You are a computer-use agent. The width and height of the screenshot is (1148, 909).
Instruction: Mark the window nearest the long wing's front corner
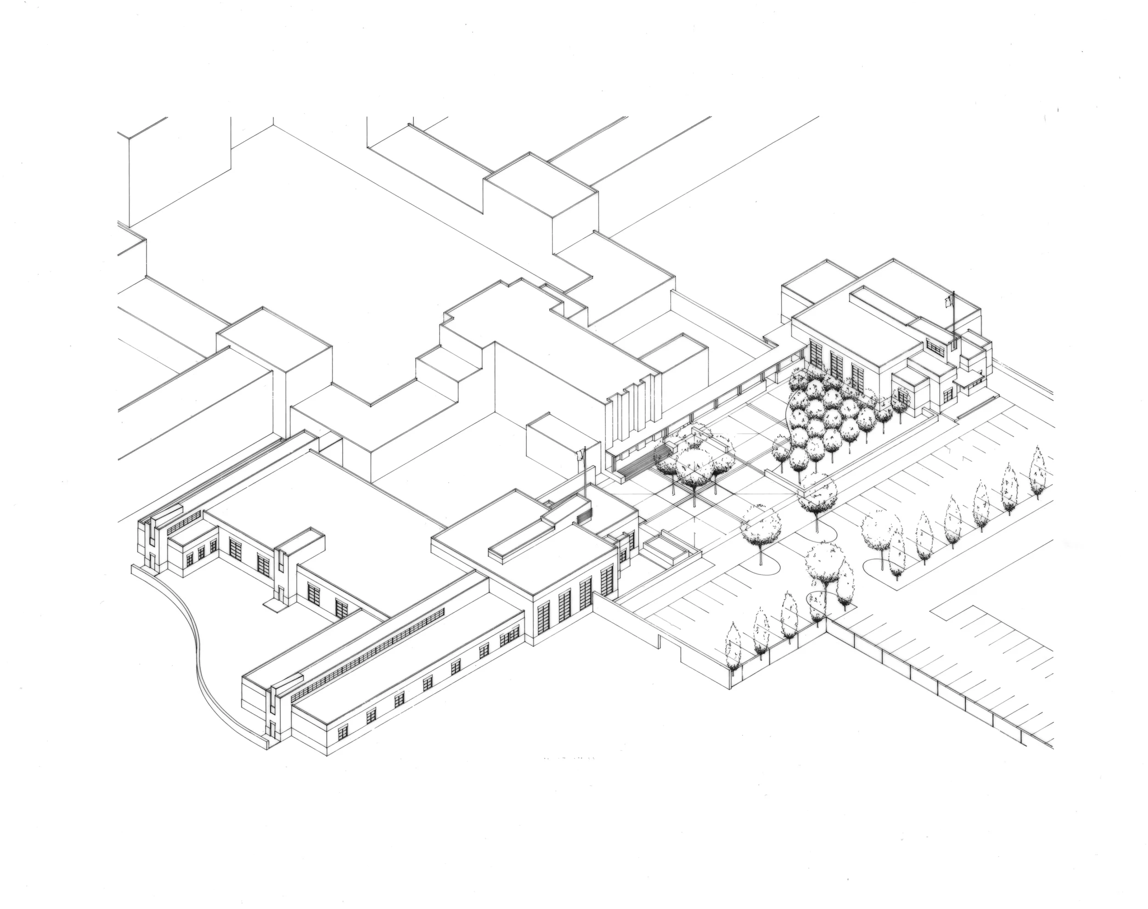pos(343,732)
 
